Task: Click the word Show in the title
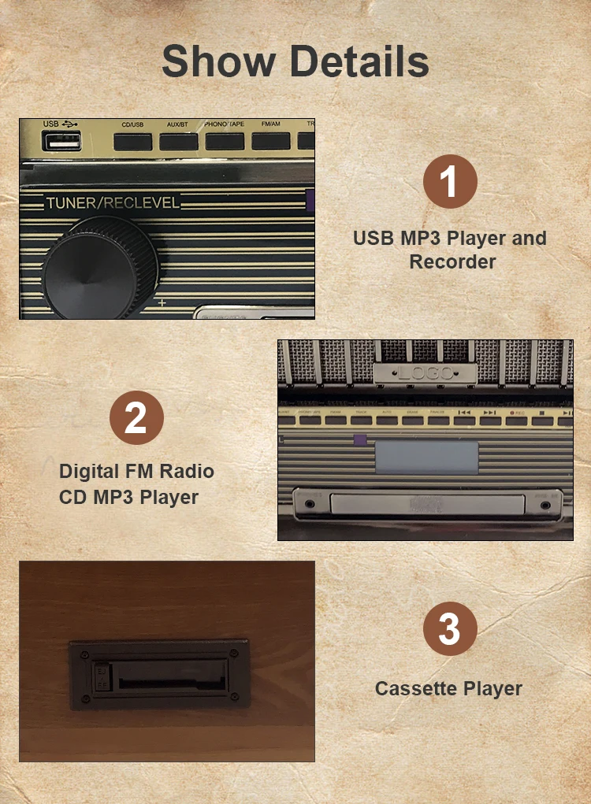point(218,61)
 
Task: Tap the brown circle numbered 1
point(450,182)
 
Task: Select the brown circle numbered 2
point(136,417)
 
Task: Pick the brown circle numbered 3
point(449,630)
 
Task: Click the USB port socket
point(63,141)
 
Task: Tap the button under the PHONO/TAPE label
point(225,142)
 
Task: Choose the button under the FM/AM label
point(271,142)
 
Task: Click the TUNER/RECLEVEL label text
point(113,203)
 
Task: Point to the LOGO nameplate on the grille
point(425,372)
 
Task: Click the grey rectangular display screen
point(426,457)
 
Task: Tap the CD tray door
point(426,504)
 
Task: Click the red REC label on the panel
point(516,412)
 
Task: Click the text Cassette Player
point(448,688)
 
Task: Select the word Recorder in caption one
point(452,261)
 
